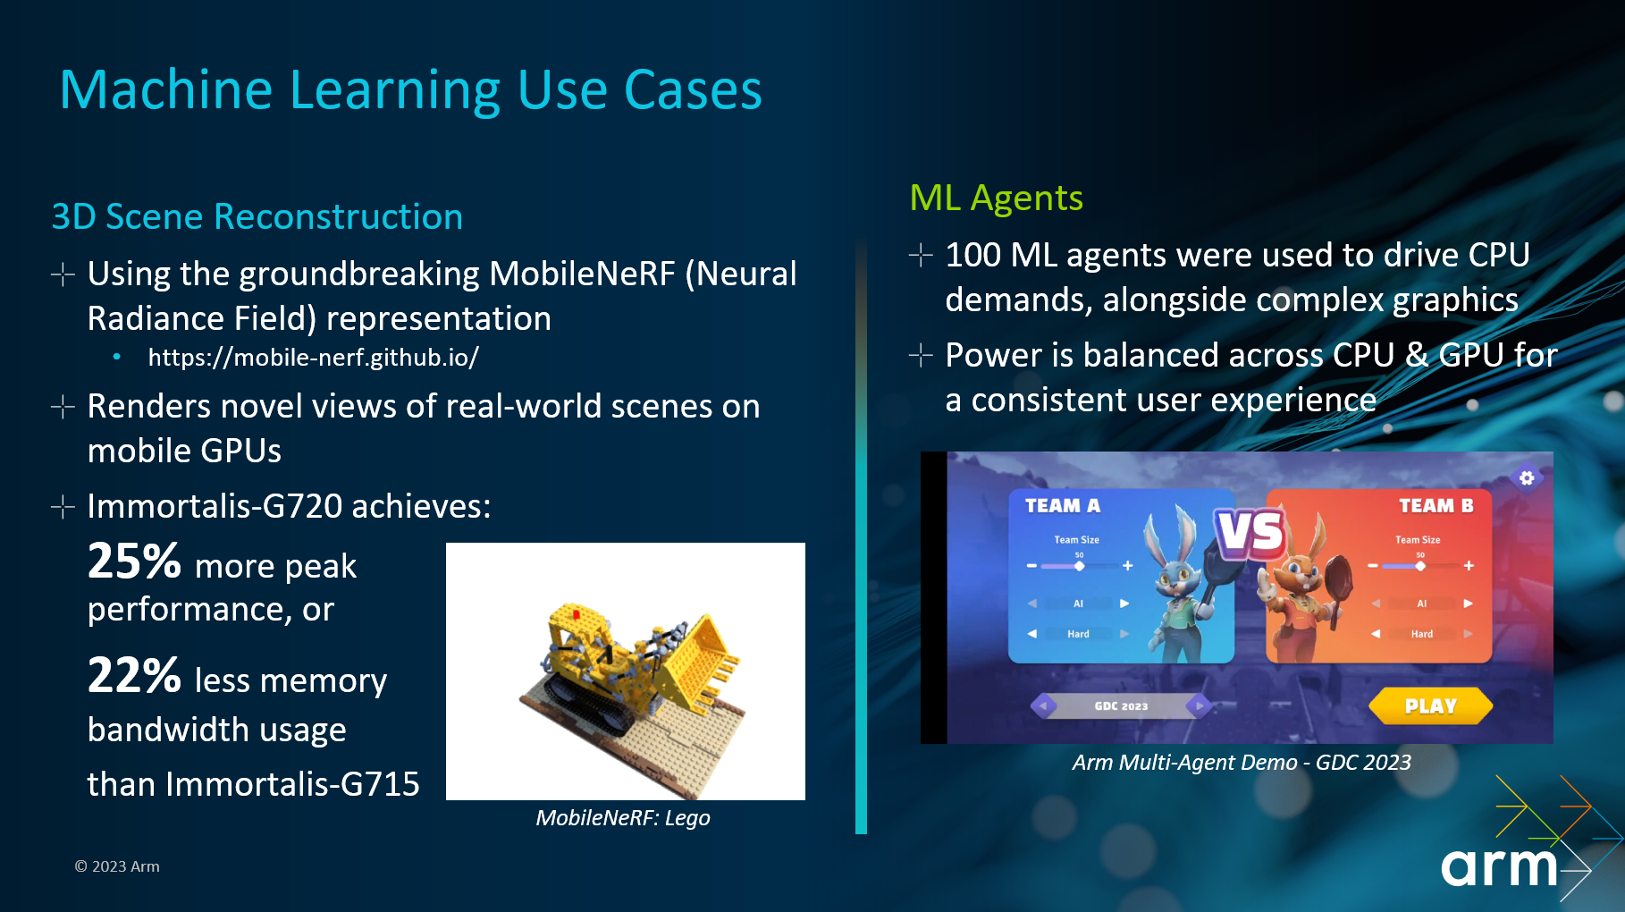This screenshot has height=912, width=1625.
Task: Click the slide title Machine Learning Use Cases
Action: [411, 90]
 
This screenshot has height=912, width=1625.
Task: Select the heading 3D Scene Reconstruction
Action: [257, 216]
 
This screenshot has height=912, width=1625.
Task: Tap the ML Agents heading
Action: [996, 198]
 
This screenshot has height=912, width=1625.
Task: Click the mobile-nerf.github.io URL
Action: [313, 358]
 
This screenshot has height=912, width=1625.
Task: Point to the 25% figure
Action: [134, 562]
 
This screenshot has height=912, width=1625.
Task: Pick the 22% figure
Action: [134, 676]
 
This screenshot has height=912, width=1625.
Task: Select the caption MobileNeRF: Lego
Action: [623, 817]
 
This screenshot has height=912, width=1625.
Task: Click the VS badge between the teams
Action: [1250, 534]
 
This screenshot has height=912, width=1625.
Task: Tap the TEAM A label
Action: [1063, 506]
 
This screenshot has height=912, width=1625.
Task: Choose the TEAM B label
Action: [1436, 506]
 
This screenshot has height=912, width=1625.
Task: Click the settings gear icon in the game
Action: [1527, 477]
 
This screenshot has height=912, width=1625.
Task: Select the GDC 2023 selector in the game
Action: [1121, 706]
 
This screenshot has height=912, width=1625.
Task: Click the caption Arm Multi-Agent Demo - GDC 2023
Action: [1242, 763]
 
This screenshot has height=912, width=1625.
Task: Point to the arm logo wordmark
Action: [1499, 866]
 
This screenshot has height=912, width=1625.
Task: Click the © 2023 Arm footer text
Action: [117, 866]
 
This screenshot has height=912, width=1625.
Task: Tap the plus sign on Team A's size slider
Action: [1128, 566]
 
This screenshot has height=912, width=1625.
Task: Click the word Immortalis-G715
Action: [292, 784]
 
